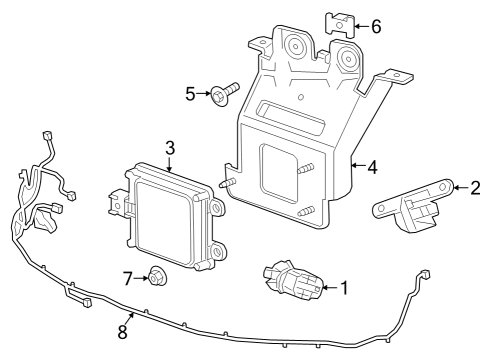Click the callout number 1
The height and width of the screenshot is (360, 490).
(x=345, y=289)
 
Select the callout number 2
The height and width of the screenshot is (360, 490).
(x=475, y=186)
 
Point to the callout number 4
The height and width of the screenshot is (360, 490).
(x=371, y=168)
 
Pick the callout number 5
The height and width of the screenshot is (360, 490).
(x=190, y=95)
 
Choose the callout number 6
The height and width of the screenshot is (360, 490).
(x=375, y=26)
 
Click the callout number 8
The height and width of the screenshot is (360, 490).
(x=123, y=331)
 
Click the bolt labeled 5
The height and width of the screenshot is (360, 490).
(x=222, y=95)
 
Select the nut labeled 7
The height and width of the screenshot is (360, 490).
(x=157, y=275)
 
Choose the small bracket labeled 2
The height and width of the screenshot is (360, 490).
(x=413, y=205)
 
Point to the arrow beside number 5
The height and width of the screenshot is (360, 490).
(x=203, y=95)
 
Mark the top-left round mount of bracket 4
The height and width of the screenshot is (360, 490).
(x=295, y=46)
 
